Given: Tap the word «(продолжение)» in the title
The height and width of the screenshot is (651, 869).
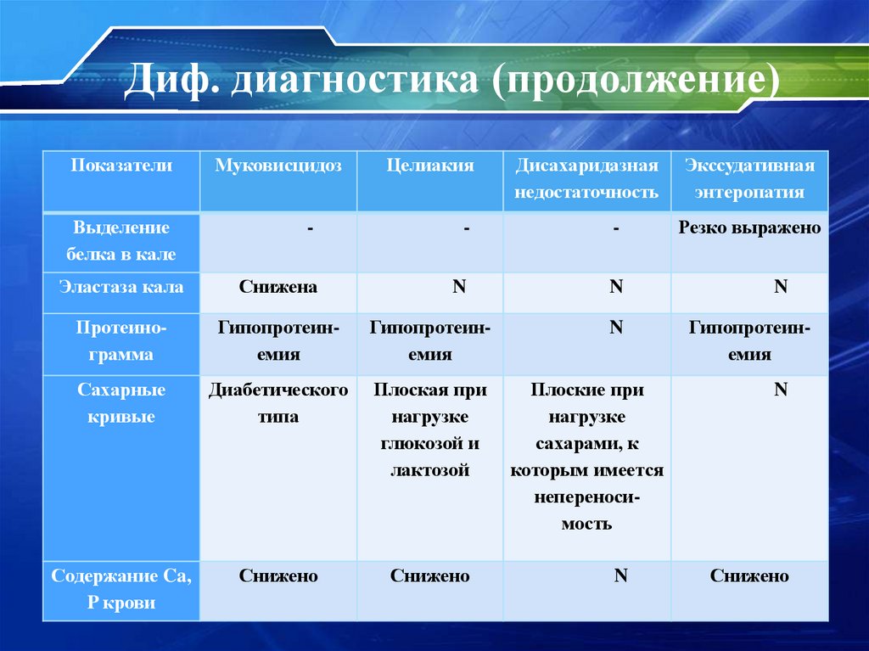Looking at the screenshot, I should pyautogui.click(x=632, y=83).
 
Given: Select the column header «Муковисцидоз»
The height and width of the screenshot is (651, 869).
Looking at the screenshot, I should pyautogui.click(x=278, y=166).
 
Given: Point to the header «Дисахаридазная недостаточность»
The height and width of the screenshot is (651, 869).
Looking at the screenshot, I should pyautogui.click(x=586, y=179).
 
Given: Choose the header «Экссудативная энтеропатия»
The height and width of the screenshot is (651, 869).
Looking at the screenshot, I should pyautogui.click(x=749, y=179).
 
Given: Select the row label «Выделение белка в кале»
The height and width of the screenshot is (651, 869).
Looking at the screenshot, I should pyautogui.click(x=121, y=241).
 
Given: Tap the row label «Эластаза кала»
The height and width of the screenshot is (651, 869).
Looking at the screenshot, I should pyautogui.click(x=121, y=287).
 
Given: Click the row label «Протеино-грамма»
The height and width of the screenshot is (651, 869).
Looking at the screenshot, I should pyautogui.click(x=121, y=341).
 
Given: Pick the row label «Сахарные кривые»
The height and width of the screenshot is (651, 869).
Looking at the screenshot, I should pyautogui.click(x=121, y=404).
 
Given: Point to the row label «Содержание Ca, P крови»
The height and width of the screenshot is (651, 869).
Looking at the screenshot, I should pyautogui.click(x=121, y=590).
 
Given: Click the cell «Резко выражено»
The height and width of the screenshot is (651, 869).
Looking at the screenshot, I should pyautogui.click(x=749, y=227).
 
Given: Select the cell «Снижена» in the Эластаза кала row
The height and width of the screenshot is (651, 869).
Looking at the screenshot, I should pyautogui.click(x=278, y=287).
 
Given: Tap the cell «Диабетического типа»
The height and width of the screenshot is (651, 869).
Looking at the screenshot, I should pyautogui.click(x=278, y=404).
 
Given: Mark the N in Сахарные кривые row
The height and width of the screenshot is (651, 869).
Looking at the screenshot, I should pyautogui.click(x=781, y=390).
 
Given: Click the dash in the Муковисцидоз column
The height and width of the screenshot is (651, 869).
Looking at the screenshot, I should pyautogui.click(x=311, y=228).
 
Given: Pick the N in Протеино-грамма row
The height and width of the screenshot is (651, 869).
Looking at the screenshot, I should pyautogui.click(x=617, y=327).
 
